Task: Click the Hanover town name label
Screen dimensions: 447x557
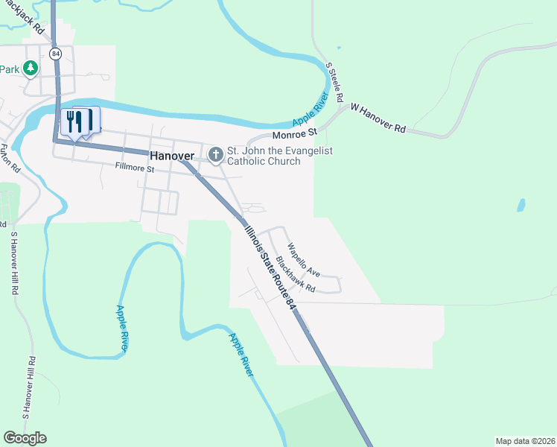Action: coord(171,156)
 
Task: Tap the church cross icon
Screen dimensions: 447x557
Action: coord(216,155)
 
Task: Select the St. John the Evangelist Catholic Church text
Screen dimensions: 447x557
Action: coord(279,156)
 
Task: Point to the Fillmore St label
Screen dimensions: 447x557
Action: coord(134,169)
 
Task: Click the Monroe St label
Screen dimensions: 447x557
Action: coord(295,135)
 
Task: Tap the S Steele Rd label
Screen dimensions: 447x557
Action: coord(335,82)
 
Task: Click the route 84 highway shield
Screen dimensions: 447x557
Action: coord(56,54)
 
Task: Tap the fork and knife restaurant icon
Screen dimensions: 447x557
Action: coord(74,121)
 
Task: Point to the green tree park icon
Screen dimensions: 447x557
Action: coord(30,69)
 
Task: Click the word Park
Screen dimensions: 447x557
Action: coord(9,69)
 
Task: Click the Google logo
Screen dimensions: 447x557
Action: coord(25,438)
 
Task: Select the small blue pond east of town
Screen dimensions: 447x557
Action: coord(521,204)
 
